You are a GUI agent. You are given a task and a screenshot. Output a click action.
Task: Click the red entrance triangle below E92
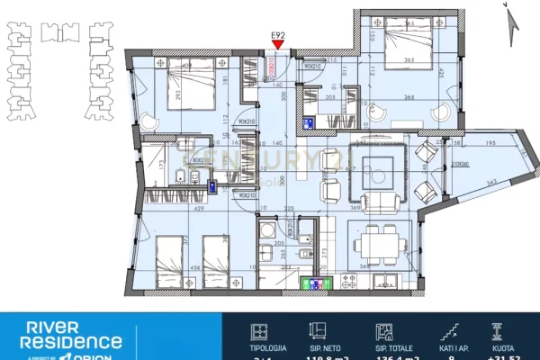(279, 44)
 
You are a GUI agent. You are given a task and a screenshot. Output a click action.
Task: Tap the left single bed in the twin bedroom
(171, 256)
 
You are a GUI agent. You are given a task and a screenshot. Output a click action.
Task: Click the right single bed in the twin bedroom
(217, 256)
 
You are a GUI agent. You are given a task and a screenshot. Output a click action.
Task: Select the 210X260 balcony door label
(462, 165)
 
